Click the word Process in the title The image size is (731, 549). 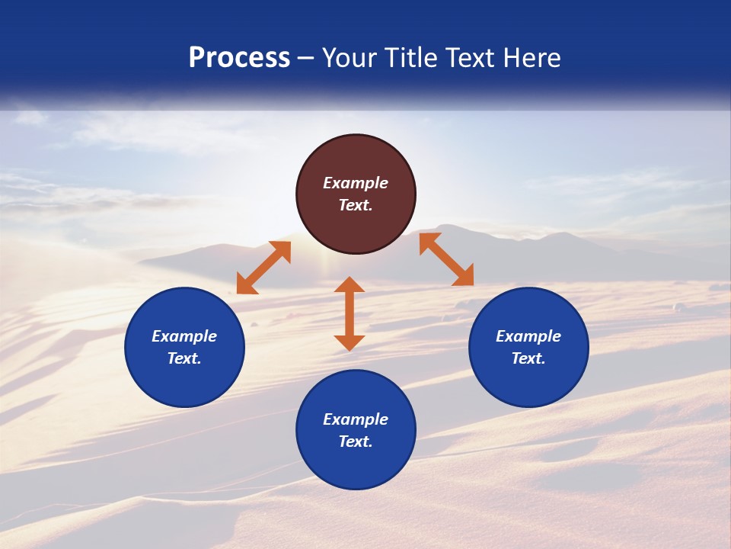[x=239, y=58]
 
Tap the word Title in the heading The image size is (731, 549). [x=412, y=58]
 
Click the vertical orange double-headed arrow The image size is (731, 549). [x=350, y=313]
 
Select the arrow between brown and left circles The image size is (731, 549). [x=263, y=268]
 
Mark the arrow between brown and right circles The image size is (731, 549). [x=446, y=259]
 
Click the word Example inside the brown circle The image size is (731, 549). [x=356, y=183]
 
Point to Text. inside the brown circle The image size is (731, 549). [x=356, y=205]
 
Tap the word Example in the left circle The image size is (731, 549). [x=184, y=336]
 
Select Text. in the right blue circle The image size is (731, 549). [x=528, y=358]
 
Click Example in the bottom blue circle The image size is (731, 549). [x=356, y=419]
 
